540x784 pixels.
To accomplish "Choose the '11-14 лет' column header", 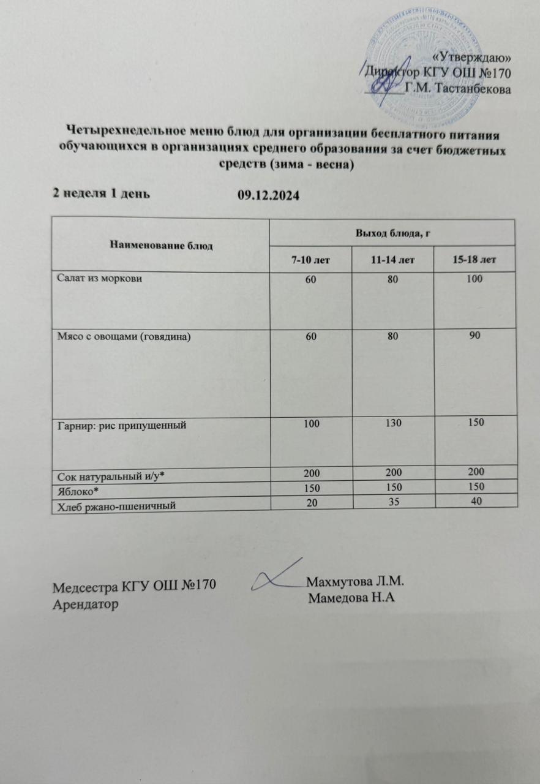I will [x=392, y=260].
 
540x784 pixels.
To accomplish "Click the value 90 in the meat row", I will [x=474, y=336].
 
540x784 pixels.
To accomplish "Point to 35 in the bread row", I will [x=392, y=502].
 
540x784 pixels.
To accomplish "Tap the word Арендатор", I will [x=86, y=603].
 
